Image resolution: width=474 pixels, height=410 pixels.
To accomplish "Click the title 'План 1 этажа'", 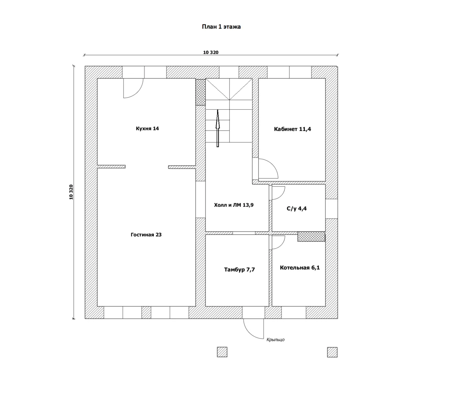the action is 221,27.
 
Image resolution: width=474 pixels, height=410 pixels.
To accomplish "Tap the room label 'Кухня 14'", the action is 147,128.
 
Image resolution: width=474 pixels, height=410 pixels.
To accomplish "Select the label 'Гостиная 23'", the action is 146,235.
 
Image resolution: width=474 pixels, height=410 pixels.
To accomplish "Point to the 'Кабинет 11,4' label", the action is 292,129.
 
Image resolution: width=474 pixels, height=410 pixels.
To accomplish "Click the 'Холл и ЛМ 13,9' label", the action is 234,205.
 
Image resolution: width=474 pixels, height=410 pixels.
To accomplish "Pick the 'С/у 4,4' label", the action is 297,208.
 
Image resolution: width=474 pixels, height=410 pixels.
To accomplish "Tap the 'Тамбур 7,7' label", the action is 239,270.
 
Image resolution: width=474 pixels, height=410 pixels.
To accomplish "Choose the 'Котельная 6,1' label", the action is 300,268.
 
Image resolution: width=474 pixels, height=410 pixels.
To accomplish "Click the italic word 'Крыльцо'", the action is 275,340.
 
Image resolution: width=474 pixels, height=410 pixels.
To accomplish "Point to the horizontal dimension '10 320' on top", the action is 211,52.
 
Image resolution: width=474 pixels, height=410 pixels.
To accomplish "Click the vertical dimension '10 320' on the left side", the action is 71,192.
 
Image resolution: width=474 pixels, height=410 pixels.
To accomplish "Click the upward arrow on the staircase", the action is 218,128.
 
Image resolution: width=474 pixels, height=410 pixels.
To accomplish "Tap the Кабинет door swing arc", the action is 273,164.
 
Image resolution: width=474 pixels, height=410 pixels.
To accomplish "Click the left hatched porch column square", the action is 222,352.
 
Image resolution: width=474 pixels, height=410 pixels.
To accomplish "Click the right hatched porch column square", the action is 332,352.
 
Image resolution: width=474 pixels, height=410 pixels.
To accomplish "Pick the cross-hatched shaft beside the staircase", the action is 201,92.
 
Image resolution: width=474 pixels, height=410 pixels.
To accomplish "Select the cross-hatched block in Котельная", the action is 311,237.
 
